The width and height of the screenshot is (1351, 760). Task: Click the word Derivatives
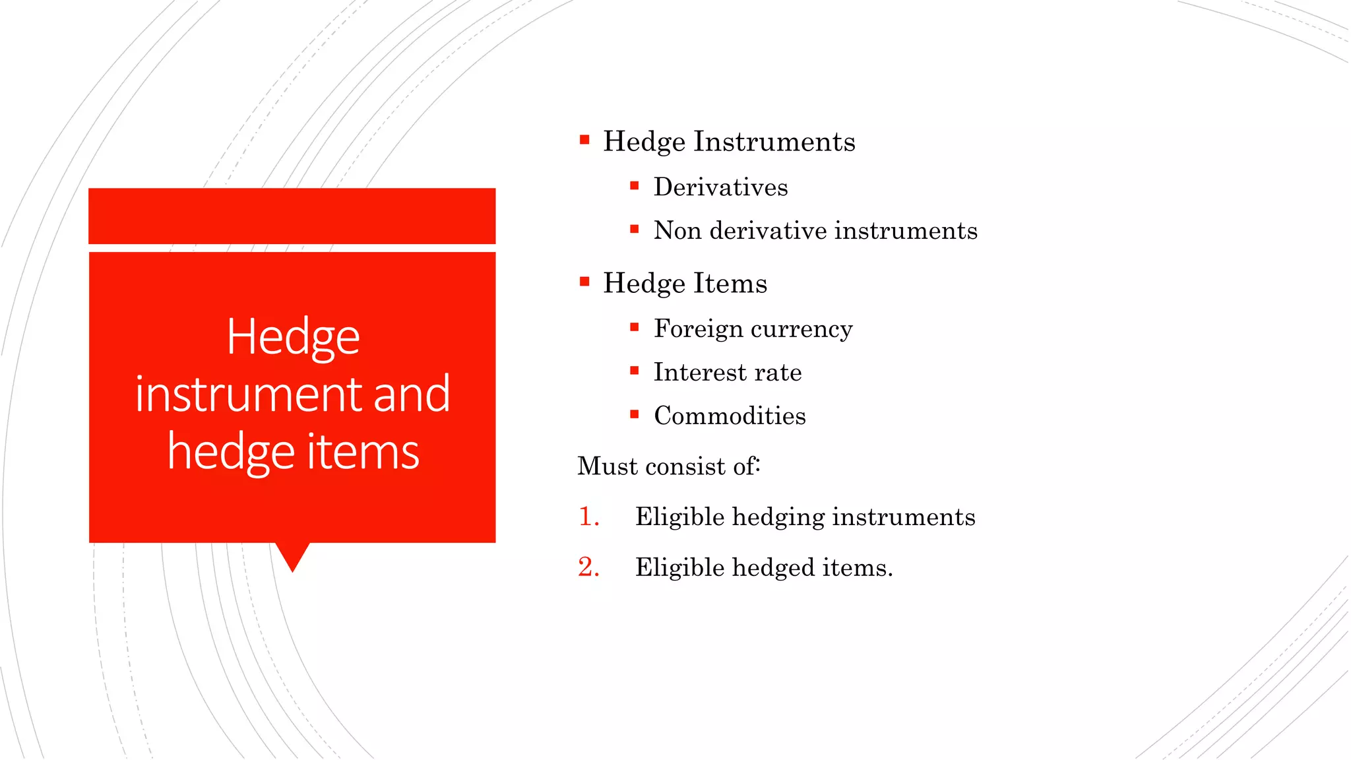click(x=720, y=187)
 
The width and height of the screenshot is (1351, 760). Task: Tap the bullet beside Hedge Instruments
click(x=584, y=140)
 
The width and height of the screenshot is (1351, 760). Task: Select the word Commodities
click(x=730, y=416)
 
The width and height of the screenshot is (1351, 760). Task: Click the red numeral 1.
click(x=587, y=517)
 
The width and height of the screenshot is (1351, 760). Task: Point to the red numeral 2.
click(x=587, y=567)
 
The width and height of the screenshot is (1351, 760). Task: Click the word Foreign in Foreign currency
click(x=697, y=329)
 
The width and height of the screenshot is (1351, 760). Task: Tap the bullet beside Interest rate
click(x=635, y=371)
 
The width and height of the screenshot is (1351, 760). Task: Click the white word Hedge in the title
click(x=293, y=338)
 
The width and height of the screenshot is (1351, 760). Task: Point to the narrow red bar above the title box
click(x=292, y=216)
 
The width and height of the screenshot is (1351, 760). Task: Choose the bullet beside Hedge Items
click(x=584, y=282)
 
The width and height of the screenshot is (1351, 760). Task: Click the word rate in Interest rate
click(x=778, y=373)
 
